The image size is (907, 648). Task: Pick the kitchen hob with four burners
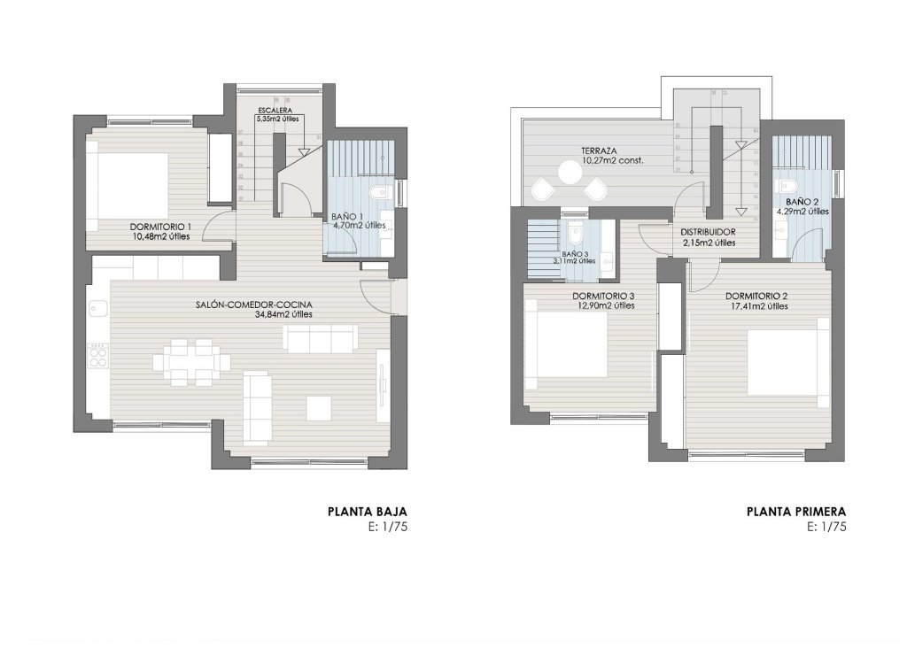click(99, 357)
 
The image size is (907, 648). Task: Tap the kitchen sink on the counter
click(97, 308)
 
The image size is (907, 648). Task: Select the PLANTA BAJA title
click(367, 511)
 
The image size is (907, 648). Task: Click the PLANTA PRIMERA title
click(797, 511)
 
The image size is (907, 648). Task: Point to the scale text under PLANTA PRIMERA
click(828, 526)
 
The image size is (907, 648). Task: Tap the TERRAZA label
click(600, 150)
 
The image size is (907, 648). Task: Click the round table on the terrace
click(569, 173)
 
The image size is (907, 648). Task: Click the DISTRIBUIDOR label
click(709, 232)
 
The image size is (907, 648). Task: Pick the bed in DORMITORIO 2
click(784, 368)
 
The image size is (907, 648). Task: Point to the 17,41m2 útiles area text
click(756, 306)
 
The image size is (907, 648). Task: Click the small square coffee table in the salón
click(319, 407)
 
